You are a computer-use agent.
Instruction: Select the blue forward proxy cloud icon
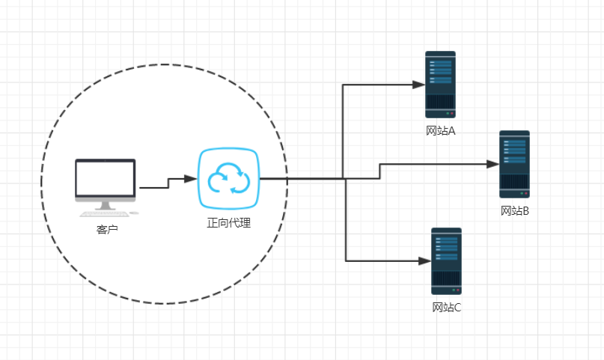coord(228,179)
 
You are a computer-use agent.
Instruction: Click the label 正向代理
coord(228,223)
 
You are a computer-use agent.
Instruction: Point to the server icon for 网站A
coord(440,84)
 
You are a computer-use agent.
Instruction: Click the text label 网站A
coord(441,132)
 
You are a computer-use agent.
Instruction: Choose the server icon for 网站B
coord(514,164)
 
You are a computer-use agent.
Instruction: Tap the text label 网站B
coord(515,211)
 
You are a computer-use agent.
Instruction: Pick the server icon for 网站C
coord(446,260)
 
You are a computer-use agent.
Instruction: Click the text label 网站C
coord(447,308)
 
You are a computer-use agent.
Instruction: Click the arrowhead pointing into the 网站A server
coord(420,85)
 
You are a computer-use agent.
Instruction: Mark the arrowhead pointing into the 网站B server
coord(493,164)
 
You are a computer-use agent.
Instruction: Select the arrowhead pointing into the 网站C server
coord(426,260)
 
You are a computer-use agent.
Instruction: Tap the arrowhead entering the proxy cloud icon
coord(192,179)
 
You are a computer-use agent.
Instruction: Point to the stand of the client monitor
coord(105,204)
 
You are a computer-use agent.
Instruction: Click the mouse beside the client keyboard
coord(134,213)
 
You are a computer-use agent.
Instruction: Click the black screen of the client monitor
coord(106,177)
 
